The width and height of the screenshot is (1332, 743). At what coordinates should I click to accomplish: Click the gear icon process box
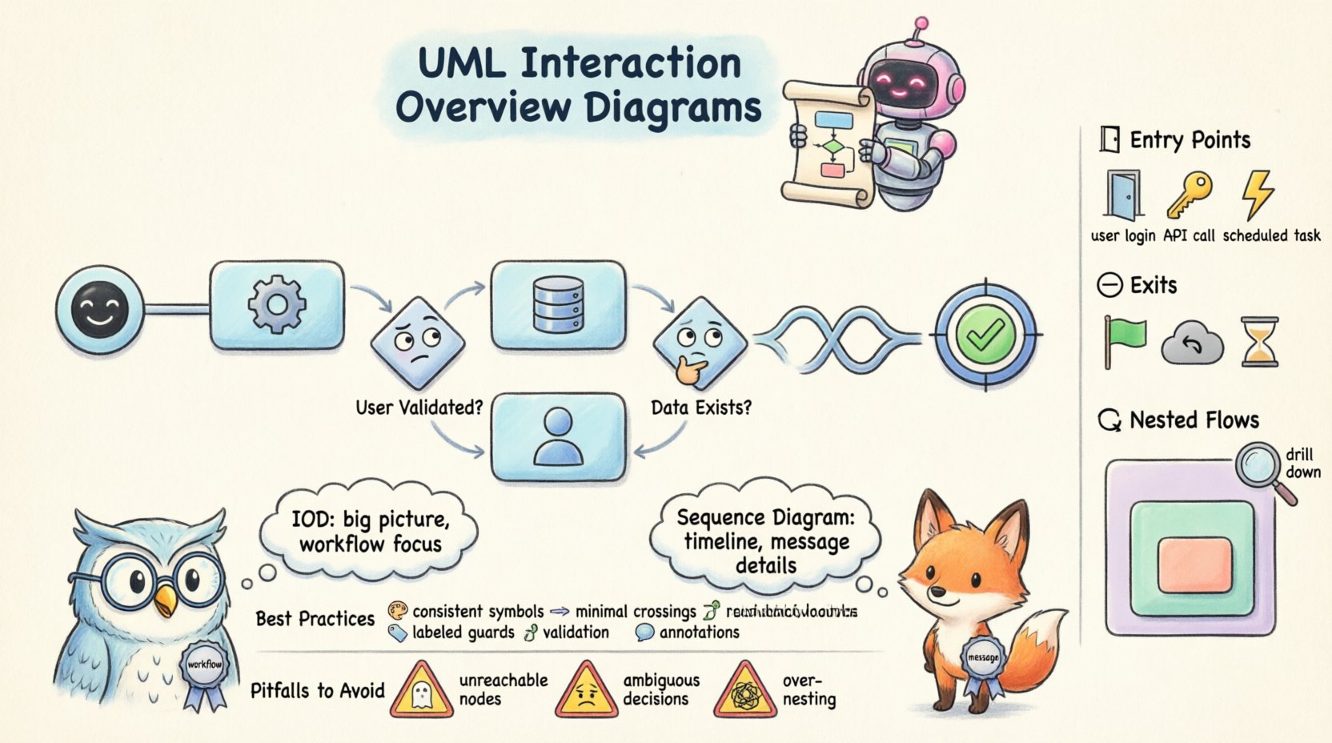coord(277,305)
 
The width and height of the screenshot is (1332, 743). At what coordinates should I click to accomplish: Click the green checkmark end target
coord(985,334)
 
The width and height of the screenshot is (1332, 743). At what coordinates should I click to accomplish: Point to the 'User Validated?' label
coord(419,408)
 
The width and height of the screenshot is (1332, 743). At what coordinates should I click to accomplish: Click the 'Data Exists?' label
coord(701,408)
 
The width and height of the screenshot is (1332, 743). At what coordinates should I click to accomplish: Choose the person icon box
coord(557,436)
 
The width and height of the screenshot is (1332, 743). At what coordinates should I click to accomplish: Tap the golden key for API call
coord(1188,195)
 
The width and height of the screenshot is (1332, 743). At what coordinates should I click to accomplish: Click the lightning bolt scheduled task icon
coord(1257,195)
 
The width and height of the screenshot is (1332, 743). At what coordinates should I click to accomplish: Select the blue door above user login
coord(1122,195)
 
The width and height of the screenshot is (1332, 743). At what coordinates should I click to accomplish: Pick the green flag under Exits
coord(1124,340)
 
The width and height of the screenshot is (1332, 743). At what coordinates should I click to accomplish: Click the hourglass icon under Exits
coord(1259,342)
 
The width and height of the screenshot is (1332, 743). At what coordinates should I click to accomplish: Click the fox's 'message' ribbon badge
coord(982,659)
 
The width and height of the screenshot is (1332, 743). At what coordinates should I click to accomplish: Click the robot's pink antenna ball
coord(921,24)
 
